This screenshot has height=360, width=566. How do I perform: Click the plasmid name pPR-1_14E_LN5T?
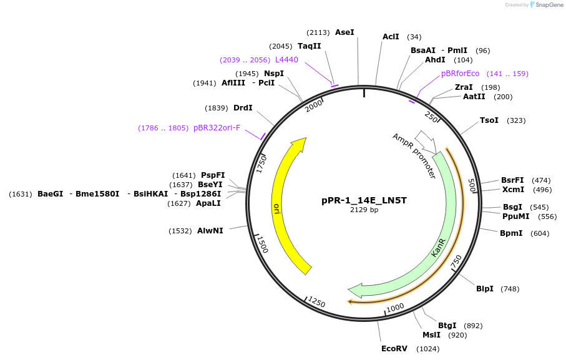[364, 200]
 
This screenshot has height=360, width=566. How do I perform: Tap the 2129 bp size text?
[364, 210]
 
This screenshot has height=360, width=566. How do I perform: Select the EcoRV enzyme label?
[394, 349]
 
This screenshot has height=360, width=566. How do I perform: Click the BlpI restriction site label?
[484, 289]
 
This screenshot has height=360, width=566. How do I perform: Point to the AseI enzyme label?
[344, 32]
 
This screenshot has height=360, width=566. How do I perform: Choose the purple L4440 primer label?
[286, 60]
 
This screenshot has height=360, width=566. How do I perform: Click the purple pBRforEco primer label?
[460, 74]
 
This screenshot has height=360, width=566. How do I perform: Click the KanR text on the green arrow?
[439, 246]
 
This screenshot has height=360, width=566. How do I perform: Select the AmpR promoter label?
[414, 156]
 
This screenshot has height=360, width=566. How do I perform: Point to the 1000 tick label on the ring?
[395, 308]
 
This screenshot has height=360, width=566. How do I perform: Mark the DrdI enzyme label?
[243, 108]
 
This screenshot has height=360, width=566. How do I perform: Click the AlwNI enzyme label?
[210, 231]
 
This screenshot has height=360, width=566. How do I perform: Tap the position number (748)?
[509, 289]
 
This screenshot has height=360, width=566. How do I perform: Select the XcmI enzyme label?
[513, 190]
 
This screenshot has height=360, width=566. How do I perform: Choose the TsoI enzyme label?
[489, 120]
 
